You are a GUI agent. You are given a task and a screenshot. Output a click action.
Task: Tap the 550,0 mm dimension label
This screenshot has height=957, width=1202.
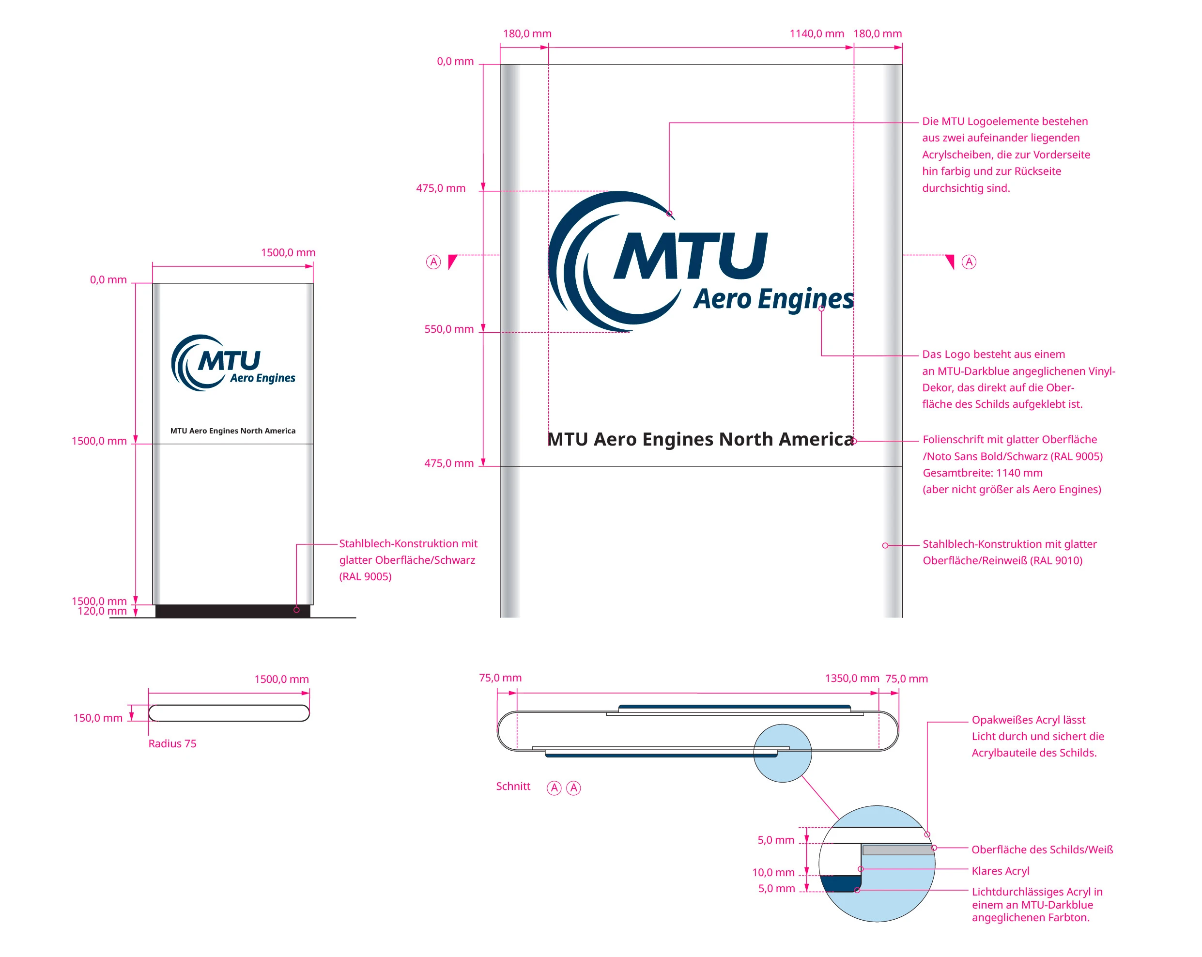point(449,329)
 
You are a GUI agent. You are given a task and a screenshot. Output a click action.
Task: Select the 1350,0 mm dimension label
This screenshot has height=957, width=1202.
point(851,678)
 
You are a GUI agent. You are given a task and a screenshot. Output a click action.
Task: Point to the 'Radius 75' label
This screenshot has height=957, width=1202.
point(172,743)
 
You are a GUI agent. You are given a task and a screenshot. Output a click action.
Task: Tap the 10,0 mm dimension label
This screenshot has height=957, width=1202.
point(773,872)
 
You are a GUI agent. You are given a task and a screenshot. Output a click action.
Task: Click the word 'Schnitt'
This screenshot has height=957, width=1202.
point(513,787)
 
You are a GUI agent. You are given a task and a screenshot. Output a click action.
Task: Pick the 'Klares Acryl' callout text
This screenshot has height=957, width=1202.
point(1000,871)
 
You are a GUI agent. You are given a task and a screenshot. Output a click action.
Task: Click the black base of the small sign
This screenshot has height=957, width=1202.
point(232,611)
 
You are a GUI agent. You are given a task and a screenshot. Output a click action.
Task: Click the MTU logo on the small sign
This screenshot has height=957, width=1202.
point(232,363)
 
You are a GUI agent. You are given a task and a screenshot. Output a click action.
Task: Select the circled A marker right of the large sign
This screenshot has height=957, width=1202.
point(969,262)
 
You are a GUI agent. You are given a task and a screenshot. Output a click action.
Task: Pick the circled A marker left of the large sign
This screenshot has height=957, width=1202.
point(433,262)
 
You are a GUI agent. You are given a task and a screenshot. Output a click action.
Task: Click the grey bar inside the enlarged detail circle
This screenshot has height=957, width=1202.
point(897,850)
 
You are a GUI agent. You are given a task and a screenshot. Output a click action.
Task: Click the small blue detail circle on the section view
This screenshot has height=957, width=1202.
point(782,753)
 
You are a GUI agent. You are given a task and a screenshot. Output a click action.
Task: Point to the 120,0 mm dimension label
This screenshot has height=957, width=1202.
point(102,611)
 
